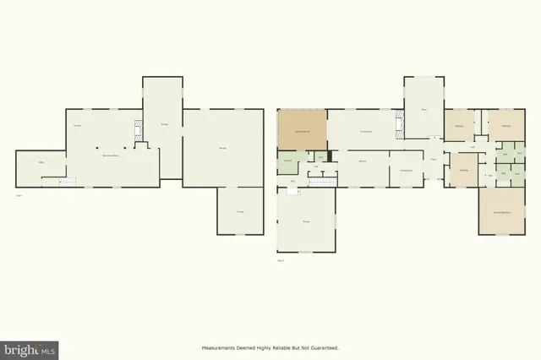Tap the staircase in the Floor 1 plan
(x=67, y=182)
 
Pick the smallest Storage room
(x=240, y=210)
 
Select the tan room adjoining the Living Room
(x=302, y=132)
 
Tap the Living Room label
(x=367, y=132)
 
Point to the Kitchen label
(x=361, y=161)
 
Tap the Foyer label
(x=433, y=160)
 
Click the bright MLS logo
(x=30, y=348)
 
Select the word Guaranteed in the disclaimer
(x=324, y=347)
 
